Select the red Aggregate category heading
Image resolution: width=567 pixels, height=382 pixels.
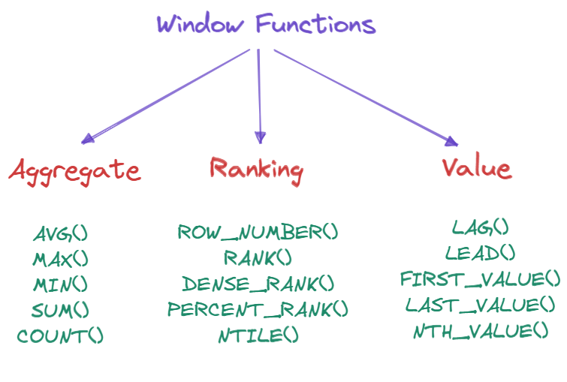[74, 170]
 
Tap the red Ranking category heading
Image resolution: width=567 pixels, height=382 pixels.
[256, 169]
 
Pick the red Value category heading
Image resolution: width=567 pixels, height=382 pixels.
[477, 167]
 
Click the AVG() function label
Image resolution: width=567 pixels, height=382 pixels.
[60, 233]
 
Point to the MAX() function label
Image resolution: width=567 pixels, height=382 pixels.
[60, 259]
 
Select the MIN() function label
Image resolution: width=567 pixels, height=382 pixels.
[60, 284]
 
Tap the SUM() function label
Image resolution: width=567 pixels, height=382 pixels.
[60, 310]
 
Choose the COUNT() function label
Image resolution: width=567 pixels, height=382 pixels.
[60, 335]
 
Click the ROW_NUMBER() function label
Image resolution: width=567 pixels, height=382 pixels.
[258, 232]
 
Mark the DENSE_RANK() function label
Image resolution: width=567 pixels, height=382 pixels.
[258, 284]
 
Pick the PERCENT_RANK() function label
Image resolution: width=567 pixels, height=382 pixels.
[258, 309]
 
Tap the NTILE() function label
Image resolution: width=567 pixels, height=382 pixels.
[258, 335]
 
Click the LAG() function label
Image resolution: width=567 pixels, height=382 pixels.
[481, 227]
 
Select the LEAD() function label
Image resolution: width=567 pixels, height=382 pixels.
[481, 252]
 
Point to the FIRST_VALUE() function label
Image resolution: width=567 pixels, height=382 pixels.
[481, 279]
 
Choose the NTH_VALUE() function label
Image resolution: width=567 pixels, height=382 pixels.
[481, 331]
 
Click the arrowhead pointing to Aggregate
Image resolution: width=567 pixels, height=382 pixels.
[87, 138]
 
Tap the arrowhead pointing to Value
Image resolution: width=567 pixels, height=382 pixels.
[451, 140]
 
